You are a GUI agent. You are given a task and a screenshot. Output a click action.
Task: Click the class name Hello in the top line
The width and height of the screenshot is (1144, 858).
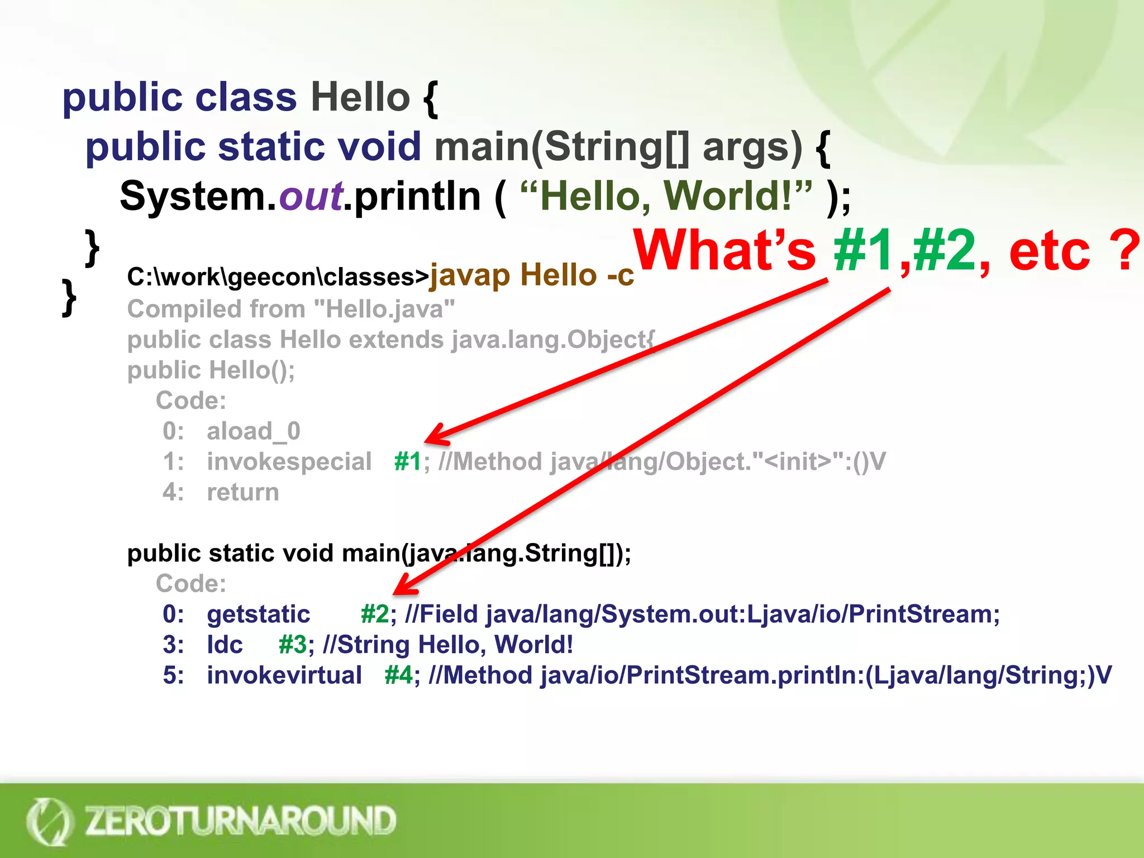coord(360,97)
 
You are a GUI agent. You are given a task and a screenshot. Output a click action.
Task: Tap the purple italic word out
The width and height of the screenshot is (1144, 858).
coord(311,197)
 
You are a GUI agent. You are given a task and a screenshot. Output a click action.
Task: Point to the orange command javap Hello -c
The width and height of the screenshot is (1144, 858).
coord(531,275)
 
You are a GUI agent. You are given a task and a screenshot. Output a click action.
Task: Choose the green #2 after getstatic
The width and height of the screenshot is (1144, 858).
coord(375,614)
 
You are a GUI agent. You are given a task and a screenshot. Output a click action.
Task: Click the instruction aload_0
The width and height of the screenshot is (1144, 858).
coord(254,431)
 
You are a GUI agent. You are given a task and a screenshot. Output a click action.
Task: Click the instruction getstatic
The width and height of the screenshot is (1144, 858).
coord(259,614)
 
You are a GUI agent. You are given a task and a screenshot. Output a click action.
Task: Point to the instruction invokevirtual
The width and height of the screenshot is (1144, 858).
coord(284,675)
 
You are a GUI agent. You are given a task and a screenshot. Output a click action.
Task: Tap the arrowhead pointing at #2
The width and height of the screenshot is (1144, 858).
coord(403,588)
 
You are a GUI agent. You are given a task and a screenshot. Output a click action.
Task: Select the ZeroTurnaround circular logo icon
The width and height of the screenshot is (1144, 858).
coord(49,821)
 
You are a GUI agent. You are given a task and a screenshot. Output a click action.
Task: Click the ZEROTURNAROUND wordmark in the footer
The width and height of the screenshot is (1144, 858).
coord(240,821)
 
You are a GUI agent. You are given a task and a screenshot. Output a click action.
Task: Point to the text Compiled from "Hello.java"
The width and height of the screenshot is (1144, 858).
coord(291,309)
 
